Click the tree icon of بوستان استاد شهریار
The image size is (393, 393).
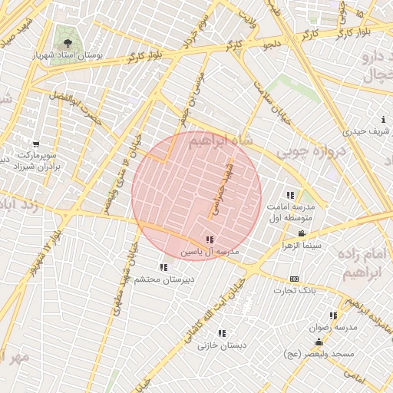[x=68, y=44]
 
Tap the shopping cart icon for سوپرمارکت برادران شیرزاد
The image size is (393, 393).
[x=35, y=144]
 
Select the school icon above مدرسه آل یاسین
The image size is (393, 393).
[x=210, y=240]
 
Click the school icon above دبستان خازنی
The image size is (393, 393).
[x=222, y=333]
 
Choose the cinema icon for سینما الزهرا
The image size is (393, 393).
[x=302, y=233]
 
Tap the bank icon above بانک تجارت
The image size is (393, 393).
[x=294, y=279]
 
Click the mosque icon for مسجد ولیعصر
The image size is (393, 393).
[x=319, y=341]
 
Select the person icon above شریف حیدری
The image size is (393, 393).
[x=383, y=120]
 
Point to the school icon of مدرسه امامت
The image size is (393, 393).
[x=290, y=195]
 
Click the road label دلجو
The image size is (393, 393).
[x=271, y=46]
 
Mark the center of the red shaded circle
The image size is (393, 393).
[x=196, y=196]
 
